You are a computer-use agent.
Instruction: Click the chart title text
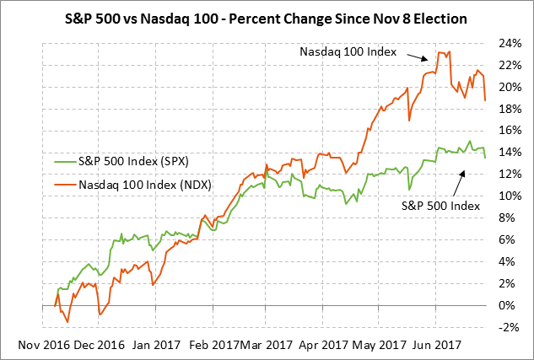coord(267,17)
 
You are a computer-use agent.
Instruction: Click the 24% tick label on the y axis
coord(507,43)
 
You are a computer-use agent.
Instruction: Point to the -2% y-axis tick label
coord(509,327)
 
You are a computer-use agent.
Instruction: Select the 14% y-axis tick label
coord(507,153)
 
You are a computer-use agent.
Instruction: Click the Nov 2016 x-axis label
coord(46,344)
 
